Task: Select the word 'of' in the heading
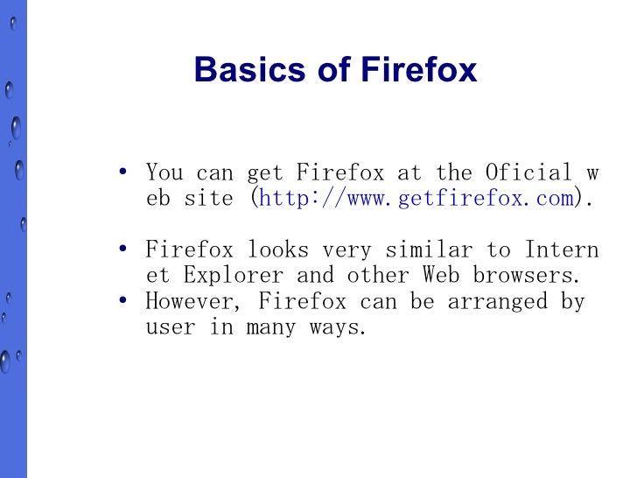[x=334, y=69]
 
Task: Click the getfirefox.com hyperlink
[x=416, y=198]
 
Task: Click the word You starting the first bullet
[x=164, y=172]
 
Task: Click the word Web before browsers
[x=441, y=275]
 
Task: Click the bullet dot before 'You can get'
[x=123, y=172]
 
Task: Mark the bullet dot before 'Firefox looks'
[x=123, y=250]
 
